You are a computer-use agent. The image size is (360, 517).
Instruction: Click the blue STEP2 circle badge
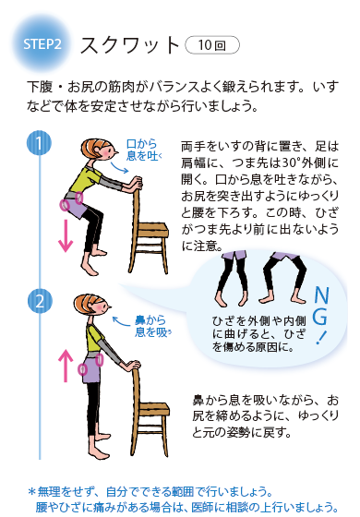pyautogui.click(x=42, y=44)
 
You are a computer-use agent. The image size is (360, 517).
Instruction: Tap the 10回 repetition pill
pyautogui.click(x=212, y=45)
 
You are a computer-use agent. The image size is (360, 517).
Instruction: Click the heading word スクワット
pyautogui.click(x=129, y=45)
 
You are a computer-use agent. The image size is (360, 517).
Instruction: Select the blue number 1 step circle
pyautogui.click(x=39, y=143)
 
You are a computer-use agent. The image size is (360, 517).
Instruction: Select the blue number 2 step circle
pyautogui.click(x=40, y=301)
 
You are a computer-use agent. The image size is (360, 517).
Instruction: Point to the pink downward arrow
pyautogui.click(x=66, y=235)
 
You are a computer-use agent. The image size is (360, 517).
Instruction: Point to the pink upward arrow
pyautogui.click(x=66, y=366)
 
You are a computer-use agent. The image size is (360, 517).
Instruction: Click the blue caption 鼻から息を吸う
pyautogui.click(x=152, y=327)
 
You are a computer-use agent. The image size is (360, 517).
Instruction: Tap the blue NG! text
pyautogui.click(x=321, y=314)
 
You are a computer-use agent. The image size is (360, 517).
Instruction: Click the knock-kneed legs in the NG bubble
pyautogui.click(x=233, y=278)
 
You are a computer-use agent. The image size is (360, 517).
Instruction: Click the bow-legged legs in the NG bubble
pyautogui.click(x=283, y=278)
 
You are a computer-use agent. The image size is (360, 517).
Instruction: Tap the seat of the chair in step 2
pyautogui.click(x=153, y=410)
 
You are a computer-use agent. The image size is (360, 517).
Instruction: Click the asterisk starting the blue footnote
pyautogui.click(x=32, y=492)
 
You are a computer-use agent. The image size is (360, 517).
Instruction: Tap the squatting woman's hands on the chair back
pyautogui.click(x=136, y=184)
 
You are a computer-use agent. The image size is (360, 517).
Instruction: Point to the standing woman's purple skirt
pyautogui.click(x=92, y=368)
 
